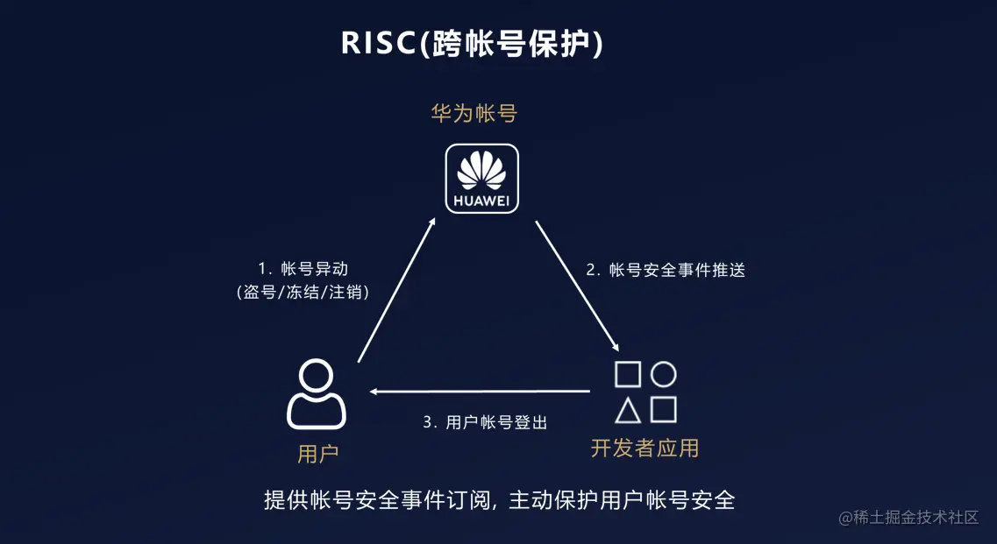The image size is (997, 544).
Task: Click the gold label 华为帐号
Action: point(474,114)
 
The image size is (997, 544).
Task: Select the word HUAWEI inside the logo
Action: point(481,200)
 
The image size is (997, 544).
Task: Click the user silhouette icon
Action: point(317,395)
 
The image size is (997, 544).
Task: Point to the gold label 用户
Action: point(317,453)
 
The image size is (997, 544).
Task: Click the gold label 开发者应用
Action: point(644,448)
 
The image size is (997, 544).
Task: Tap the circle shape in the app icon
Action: point(664,374)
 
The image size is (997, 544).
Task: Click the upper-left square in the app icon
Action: point(628,374)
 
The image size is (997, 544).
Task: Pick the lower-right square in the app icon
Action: point(664,410)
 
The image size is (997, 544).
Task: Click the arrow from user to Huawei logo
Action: point(396,290)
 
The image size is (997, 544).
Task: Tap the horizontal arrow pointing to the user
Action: point(479,391)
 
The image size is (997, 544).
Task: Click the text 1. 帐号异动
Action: point(303,269)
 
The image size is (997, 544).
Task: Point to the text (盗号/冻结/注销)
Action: point(303,293)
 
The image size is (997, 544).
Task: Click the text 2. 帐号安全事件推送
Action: point(666,271)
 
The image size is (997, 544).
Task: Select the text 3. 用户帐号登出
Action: point(485,422)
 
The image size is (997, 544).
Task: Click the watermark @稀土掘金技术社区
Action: point(908,517)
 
